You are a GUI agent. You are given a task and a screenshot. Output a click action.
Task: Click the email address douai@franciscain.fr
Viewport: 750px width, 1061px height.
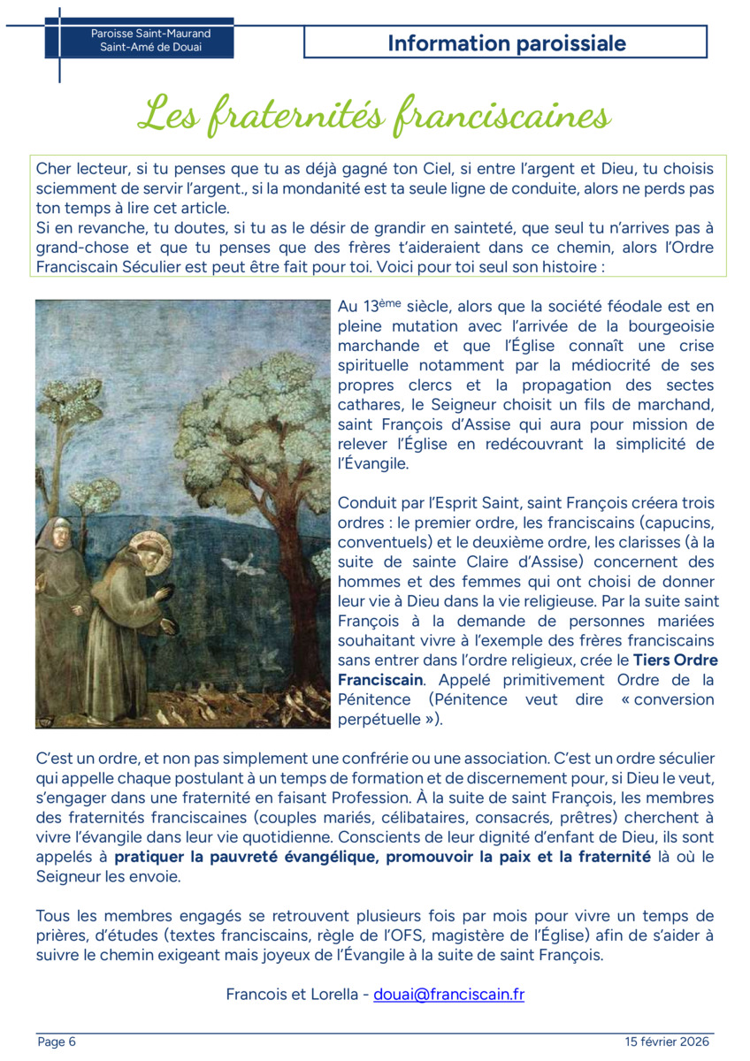[448, 994]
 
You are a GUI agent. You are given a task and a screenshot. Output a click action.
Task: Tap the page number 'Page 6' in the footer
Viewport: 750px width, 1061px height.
[57, 1042]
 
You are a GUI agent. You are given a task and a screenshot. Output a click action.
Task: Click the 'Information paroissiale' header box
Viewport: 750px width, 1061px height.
[506, 42]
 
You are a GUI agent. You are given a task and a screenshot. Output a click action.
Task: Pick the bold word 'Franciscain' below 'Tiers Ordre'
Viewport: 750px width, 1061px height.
[380, 680]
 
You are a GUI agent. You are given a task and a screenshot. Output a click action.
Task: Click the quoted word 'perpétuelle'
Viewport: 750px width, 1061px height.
[379, 719]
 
